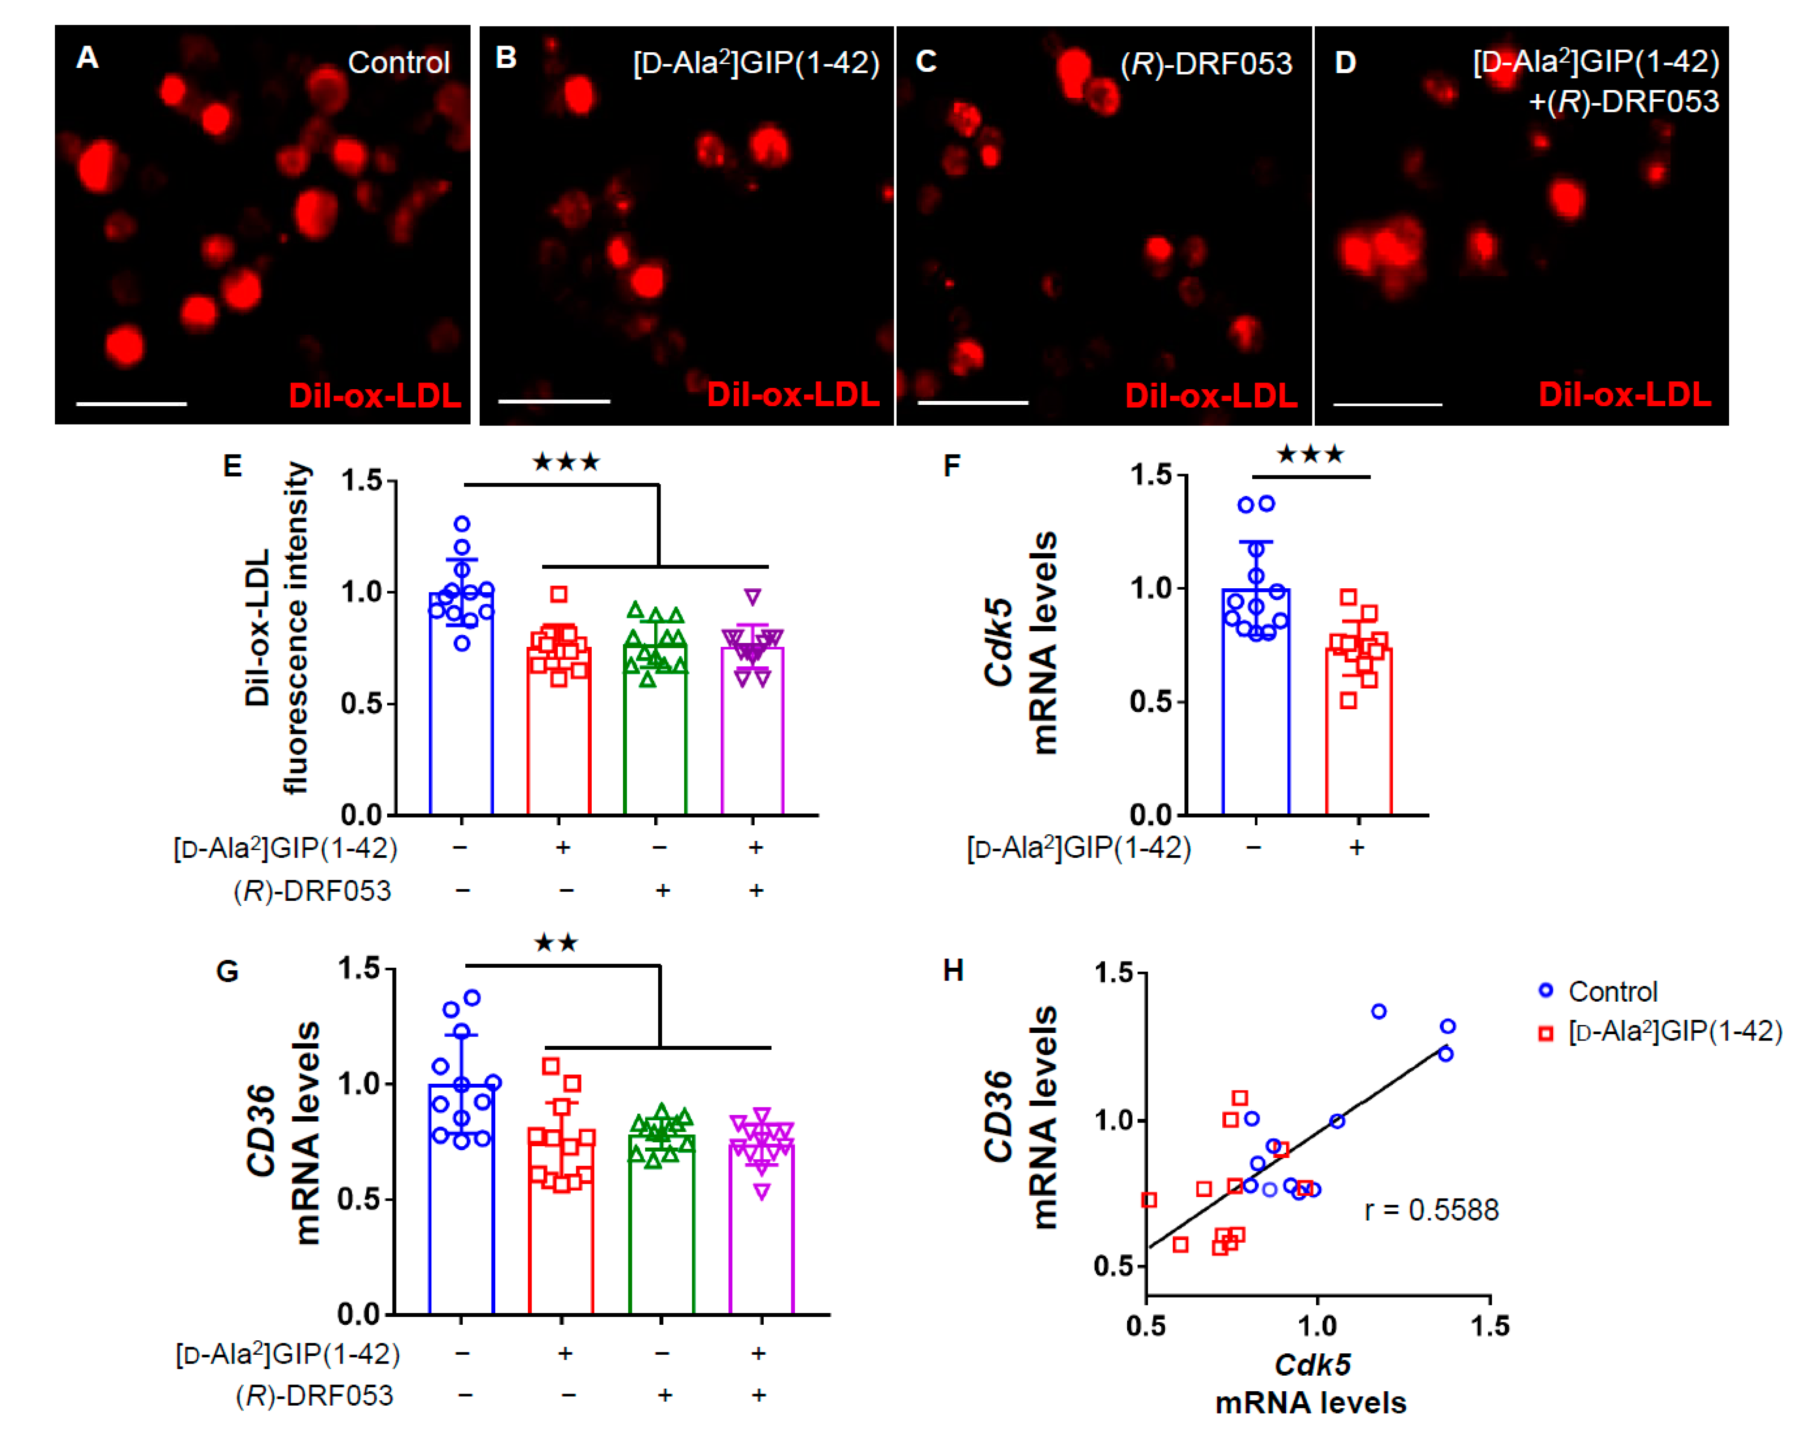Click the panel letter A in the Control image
(87, 58)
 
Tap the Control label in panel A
(398, 63)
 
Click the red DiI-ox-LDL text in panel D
(1624, 395)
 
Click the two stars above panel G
(556, 944)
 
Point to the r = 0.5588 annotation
(1431, 1210)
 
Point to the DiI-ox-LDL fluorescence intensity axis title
(276, 628)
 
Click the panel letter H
(953, 971)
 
